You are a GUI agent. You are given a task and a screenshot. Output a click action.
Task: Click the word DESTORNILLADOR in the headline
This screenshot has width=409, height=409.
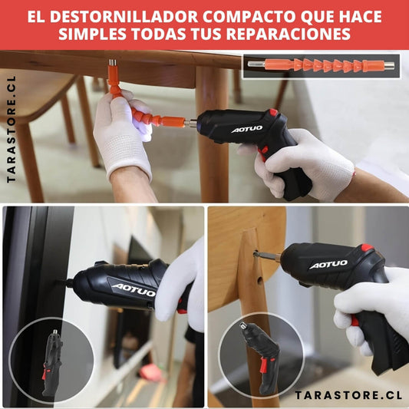pos(124,17)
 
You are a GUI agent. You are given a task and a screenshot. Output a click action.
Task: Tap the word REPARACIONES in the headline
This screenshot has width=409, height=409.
pos(288,34)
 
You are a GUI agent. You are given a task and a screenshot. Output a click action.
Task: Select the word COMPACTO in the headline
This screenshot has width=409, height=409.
pos(249,17)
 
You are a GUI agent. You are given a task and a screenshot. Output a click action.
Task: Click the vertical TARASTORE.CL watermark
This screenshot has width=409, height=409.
pos(11,129)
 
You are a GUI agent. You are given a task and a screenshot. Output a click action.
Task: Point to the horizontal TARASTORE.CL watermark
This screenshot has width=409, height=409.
pos(348,395)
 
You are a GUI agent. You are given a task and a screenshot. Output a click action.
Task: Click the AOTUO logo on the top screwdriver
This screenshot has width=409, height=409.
pos(247,129)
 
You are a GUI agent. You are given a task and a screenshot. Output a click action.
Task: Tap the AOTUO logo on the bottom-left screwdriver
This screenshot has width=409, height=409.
pos(134,290)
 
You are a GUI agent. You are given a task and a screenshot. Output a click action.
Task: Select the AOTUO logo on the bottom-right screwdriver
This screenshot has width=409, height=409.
pos(328,265)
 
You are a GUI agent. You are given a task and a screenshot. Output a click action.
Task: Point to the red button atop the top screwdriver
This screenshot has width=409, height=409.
pos(273,112)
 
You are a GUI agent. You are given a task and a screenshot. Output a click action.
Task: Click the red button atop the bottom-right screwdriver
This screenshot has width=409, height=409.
pos(367,248)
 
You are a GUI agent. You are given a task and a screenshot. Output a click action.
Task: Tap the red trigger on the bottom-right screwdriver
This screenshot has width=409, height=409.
pos(355,320)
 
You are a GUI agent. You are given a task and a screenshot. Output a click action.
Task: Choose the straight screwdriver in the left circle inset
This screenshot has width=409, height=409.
pos(52,362)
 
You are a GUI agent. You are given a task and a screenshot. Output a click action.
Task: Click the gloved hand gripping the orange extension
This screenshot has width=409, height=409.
pos(123,133)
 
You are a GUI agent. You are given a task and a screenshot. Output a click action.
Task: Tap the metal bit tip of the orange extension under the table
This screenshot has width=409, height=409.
pos(113,63)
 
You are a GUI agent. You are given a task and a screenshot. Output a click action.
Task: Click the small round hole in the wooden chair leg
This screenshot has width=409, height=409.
pos(259,280)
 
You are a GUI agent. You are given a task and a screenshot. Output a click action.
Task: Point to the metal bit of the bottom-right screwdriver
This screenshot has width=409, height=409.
pos(266,255)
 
